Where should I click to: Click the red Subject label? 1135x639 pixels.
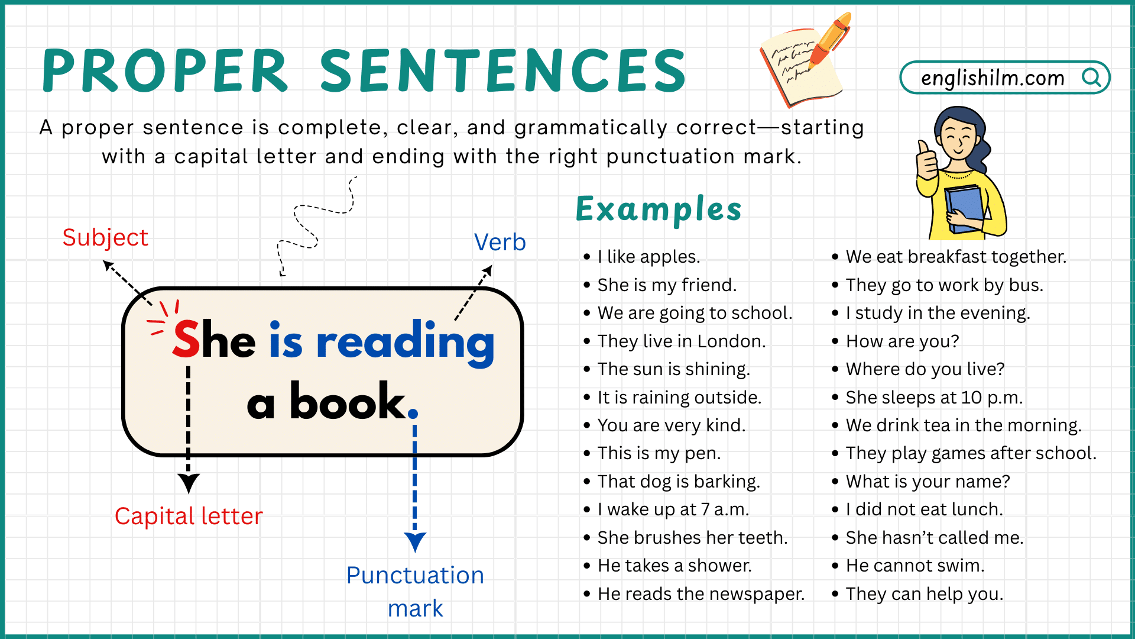click(105, 238)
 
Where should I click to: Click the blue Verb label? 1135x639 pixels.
click(500, 243)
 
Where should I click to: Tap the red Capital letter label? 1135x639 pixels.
click(189, 517)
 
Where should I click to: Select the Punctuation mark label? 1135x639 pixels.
click(415, 591)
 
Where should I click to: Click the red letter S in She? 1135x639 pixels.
click(186, 340)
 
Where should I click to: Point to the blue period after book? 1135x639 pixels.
click(413, 414)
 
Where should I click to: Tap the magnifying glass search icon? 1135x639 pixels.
click(1091, 78)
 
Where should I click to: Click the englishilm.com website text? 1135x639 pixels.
click(993, 78)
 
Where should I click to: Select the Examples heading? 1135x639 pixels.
click(659, 209)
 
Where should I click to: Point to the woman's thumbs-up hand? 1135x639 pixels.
click(926, 160)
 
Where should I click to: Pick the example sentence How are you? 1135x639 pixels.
click(902, 341)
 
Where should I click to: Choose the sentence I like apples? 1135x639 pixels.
click(648, 257)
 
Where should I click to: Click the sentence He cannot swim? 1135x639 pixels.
click(915, 566)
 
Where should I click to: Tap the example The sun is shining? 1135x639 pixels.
click(673, 369)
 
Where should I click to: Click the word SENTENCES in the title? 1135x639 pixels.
click(503, 71)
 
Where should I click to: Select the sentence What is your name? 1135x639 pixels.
click(928, 482)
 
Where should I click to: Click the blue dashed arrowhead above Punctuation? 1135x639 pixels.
click(415, 541)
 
